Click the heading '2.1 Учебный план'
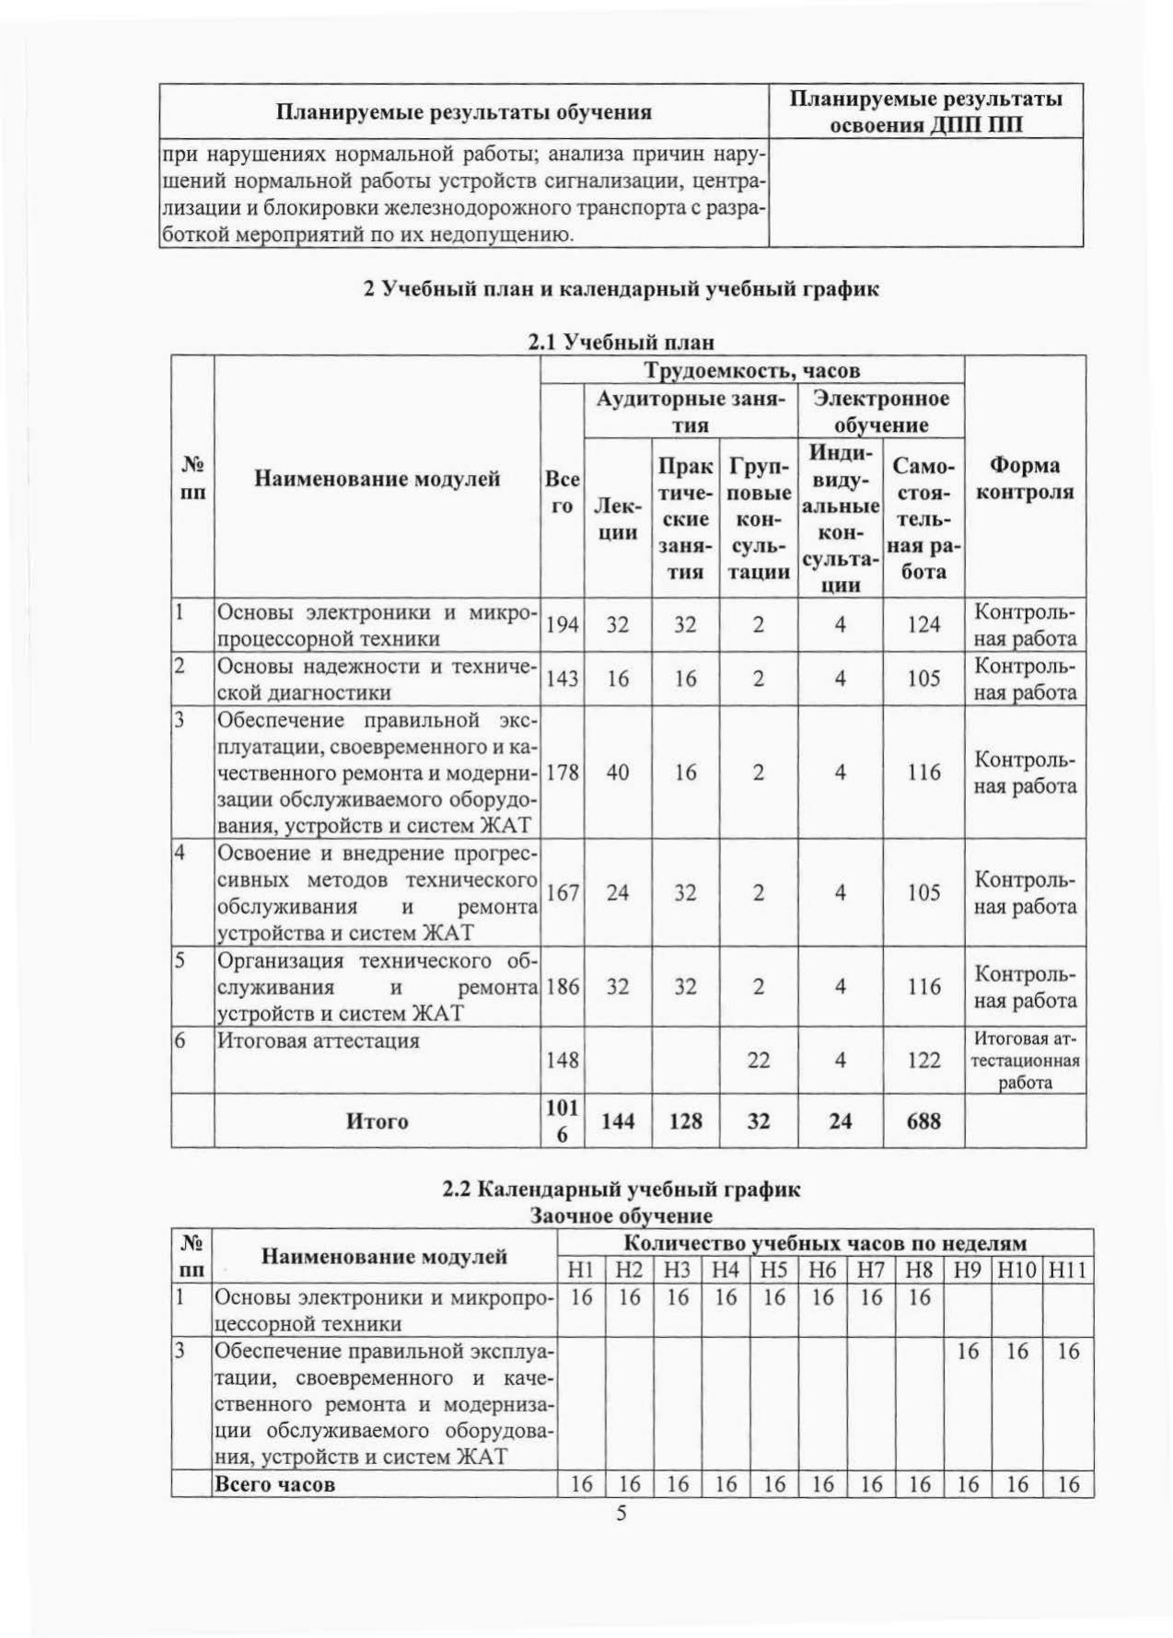pyautogui.click(x=621, y=343)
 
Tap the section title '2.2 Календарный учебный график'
pyautogui.click(x=621, y=1189)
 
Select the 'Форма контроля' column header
pyautogui.click(x=1025, y=478)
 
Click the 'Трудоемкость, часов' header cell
pyautogui.click(x=751, y=370)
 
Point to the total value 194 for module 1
pyautogui.click(x=562, y=625)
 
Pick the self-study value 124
pyautogui.click(x=923, y=625)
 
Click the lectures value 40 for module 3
pyautogui.click(x=618, y=772)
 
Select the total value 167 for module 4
pyautogui.click(x=562, y=892)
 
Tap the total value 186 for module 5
pyautogui.click(x=562, y=987)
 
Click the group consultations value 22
pyautogui.click(x=758, y=1060)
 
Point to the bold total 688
pyautogui.click(x=923, y=1121)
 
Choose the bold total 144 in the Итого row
pyautogui.click(x=618, y=1121)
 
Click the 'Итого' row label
pyautogui.click(x=377, y=1121)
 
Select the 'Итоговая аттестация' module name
pyautogui.click(x=319, y=1040)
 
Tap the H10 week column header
pyautogui.click(x=1017, y=1272)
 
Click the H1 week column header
pyautogui.click(x=580, y=1272)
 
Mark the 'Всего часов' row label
pyautogui.click(x=274, y=1484)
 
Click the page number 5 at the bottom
pyautogui.click(x=621, y=1514)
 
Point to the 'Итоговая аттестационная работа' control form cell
pyautogui.click(x=1025, y=1061)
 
